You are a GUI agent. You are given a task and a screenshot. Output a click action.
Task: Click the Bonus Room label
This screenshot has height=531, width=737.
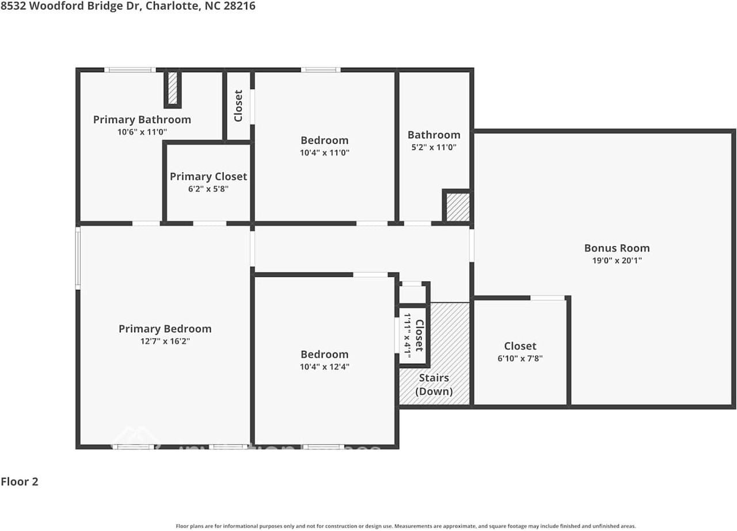coord(617,248)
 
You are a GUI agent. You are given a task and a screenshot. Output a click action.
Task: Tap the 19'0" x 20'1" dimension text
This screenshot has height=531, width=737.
coord(617,260)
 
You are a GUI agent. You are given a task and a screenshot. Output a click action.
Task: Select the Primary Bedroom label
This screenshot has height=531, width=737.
coord(165,329)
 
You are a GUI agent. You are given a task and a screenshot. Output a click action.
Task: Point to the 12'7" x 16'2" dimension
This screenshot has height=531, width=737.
coord(165,341)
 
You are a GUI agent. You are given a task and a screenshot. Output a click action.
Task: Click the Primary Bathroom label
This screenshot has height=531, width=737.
coord(142,120)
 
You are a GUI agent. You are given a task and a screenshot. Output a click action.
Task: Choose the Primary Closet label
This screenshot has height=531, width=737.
coord(208,177)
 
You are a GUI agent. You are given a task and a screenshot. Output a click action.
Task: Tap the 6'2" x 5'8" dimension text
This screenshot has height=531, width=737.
coord(208,189)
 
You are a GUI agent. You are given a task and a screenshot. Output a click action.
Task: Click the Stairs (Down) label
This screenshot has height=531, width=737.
coord(434,385)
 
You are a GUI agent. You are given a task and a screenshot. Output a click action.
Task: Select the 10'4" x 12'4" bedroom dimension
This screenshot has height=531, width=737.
coord(324,366)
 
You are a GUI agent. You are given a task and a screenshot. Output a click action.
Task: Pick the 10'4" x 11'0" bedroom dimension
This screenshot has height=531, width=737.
coord(324,153)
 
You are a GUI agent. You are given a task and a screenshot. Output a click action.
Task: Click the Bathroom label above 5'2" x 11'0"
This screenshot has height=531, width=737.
coord(434,135)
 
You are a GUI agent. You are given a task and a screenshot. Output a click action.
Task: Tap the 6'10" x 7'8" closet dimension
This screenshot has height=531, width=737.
coord(520,358)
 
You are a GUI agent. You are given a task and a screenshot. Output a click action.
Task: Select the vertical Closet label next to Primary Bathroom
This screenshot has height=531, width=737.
coord(238,105)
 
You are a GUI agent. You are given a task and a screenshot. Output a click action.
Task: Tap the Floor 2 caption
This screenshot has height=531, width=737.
coord(20,481)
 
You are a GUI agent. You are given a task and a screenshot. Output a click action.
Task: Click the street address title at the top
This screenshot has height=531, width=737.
coord(128,6)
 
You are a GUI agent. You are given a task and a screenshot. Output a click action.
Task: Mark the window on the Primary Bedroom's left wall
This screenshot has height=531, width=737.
coord(78,257)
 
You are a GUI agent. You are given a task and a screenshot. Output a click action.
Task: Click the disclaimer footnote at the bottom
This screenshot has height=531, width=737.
coord(405,526)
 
